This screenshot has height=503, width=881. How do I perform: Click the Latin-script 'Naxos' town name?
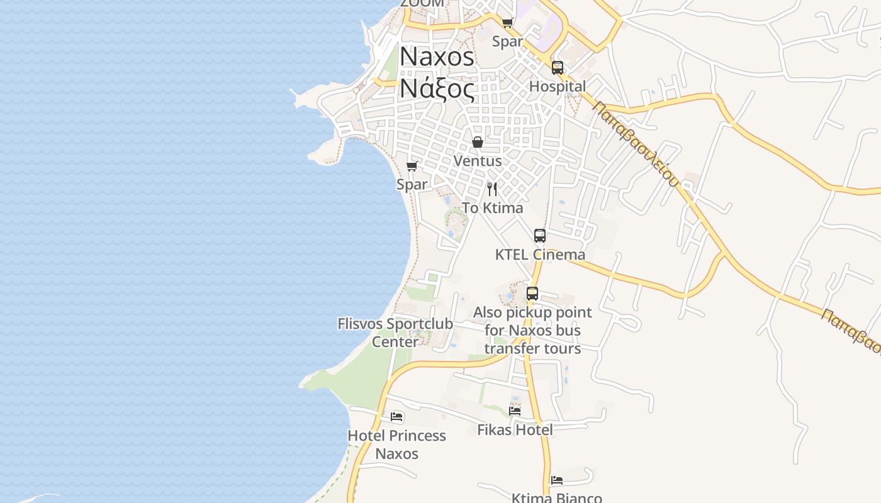coord(437,57)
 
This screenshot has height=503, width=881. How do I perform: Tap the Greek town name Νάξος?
coord(437,89)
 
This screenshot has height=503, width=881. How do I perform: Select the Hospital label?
coord(558,86)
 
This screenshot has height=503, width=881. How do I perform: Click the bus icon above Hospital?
coord(558,68)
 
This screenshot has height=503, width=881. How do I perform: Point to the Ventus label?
coord(478,161)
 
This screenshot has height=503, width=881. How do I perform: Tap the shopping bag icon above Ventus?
coord(478,142)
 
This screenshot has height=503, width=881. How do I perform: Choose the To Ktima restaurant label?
coord(492,207)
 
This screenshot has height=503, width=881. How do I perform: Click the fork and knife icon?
coord(492,189)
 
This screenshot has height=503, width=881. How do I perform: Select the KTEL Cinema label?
coord(540,255)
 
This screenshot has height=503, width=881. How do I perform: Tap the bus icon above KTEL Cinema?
coord(540,236)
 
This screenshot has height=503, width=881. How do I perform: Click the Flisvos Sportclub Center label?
coord(395,333)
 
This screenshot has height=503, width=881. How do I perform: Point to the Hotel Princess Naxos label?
coord(396,444)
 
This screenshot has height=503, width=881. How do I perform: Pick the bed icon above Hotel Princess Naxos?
coord(396,416)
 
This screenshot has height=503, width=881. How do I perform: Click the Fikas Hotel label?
coord(515,429)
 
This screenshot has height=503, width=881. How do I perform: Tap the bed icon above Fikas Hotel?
coord(515,411)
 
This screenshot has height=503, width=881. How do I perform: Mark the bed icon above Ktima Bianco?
coord(556,480)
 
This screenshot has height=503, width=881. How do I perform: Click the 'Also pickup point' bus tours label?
coord(532,330)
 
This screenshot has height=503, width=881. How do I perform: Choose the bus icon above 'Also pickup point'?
coord(532,293)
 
